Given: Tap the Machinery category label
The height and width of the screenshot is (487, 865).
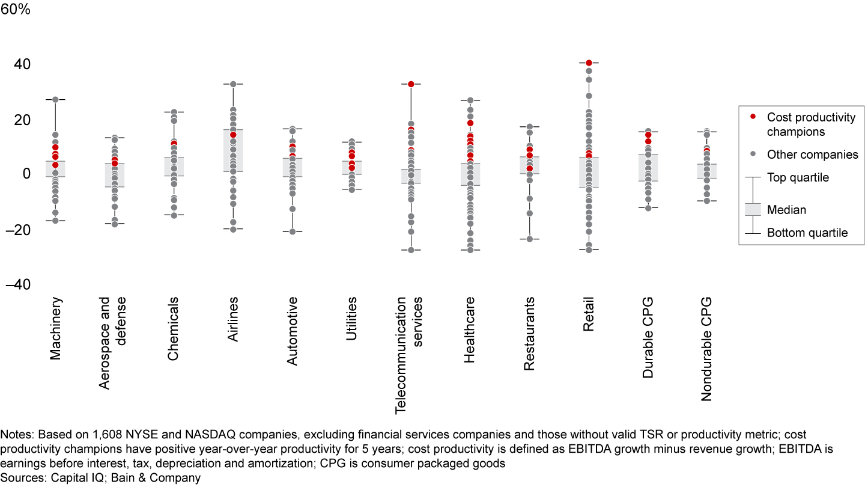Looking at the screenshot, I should click(x=56, y=328).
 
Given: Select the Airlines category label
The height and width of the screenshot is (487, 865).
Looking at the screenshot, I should click(x=233, y=319).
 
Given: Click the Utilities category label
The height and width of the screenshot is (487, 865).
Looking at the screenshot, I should click(x=351, y=319).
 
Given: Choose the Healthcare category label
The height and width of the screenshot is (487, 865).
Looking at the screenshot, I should click(x=470, y=329).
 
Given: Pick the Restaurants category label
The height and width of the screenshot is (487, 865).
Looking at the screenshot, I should click(x=529, y=332).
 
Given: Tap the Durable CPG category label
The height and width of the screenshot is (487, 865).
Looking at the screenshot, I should click(x=648, y=337).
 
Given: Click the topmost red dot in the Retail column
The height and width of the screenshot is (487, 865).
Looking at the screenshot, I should click(x=589, y=63).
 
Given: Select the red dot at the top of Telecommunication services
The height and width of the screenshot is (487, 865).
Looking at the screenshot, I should click(x=411, y=84).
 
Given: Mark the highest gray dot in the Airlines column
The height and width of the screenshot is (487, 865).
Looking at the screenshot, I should click(x=233, y=84).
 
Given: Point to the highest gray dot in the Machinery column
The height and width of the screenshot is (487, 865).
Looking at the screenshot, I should click(x=55, y=99).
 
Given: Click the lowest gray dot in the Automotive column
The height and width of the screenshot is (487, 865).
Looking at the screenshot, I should click(x=293, y=231).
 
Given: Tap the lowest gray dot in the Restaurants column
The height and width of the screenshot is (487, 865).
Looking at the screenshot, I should click(x=529, y=239).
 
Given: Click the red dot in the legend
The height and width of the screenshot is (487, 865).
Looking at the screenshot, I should click(x=753, y=115).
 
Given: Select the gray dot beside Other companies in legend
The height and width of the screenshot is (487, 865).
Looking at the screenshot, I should click(x=753, y=154).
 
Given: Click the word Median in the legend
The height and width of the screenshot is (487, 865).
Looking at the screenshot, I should click(x=786, y=210).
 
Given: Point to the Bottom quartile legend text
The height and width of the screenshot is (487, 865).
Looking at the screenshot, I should click(x=807, y=233).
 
